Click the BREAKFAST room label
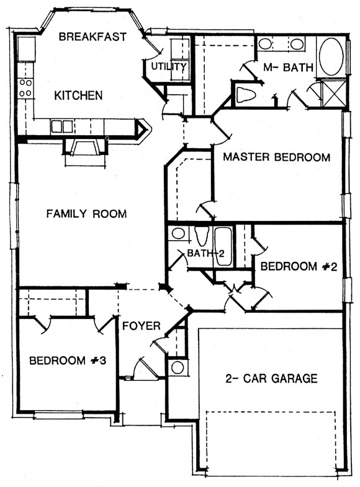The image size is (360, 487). click(92, 37)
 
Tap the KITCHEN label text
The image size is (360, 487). click(78, 96)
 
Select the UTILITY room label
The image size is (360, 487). click(169, 66)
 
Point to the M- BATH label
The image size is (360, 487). click(288, 68)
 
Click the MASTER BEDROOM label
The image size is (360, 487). click(276, 157)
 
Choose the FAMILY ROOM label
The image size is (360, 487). click(86, 213)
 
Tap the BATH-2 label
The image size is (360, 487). click(205, 254)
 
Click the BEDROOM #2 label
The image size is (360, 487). click(299, 267)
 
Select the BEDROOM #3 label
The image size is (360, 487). click(68, 360)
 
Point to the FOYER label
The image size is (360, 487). click(142, 326)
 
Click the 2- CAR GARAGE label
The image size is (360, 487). click(271, 378)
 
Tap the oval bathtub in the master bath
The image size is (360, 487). click(331, 56)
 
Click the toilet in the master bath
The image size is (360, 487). click(245, 94)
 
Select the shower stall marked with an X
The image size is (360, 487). click(333, 94)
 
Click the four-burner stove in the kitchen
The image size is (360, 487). click(25, 87)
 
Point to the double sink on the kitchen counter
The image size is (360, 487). click(62, 127)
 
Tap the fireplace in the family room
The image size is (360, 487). click(85, 148)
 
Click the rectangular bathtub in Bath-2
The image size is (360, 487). click(223, 247)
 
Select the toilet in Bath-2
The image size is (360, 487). click(202, 236)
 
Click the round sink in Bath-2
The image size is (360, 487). click(178, 233)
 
